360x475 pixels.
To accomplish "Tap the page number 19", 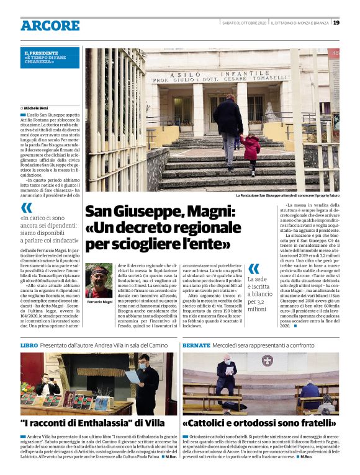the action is click(336, 23).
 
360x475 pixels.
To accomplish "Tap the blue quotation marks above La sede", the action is click(253, 269).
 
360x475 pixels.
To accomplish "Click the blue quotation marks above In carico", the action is click(27, 208).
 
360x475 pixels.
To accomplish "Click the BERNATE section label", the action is click(196, 344).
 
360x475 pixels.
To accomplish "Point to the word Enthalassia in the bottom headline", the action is click(99, 424).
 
